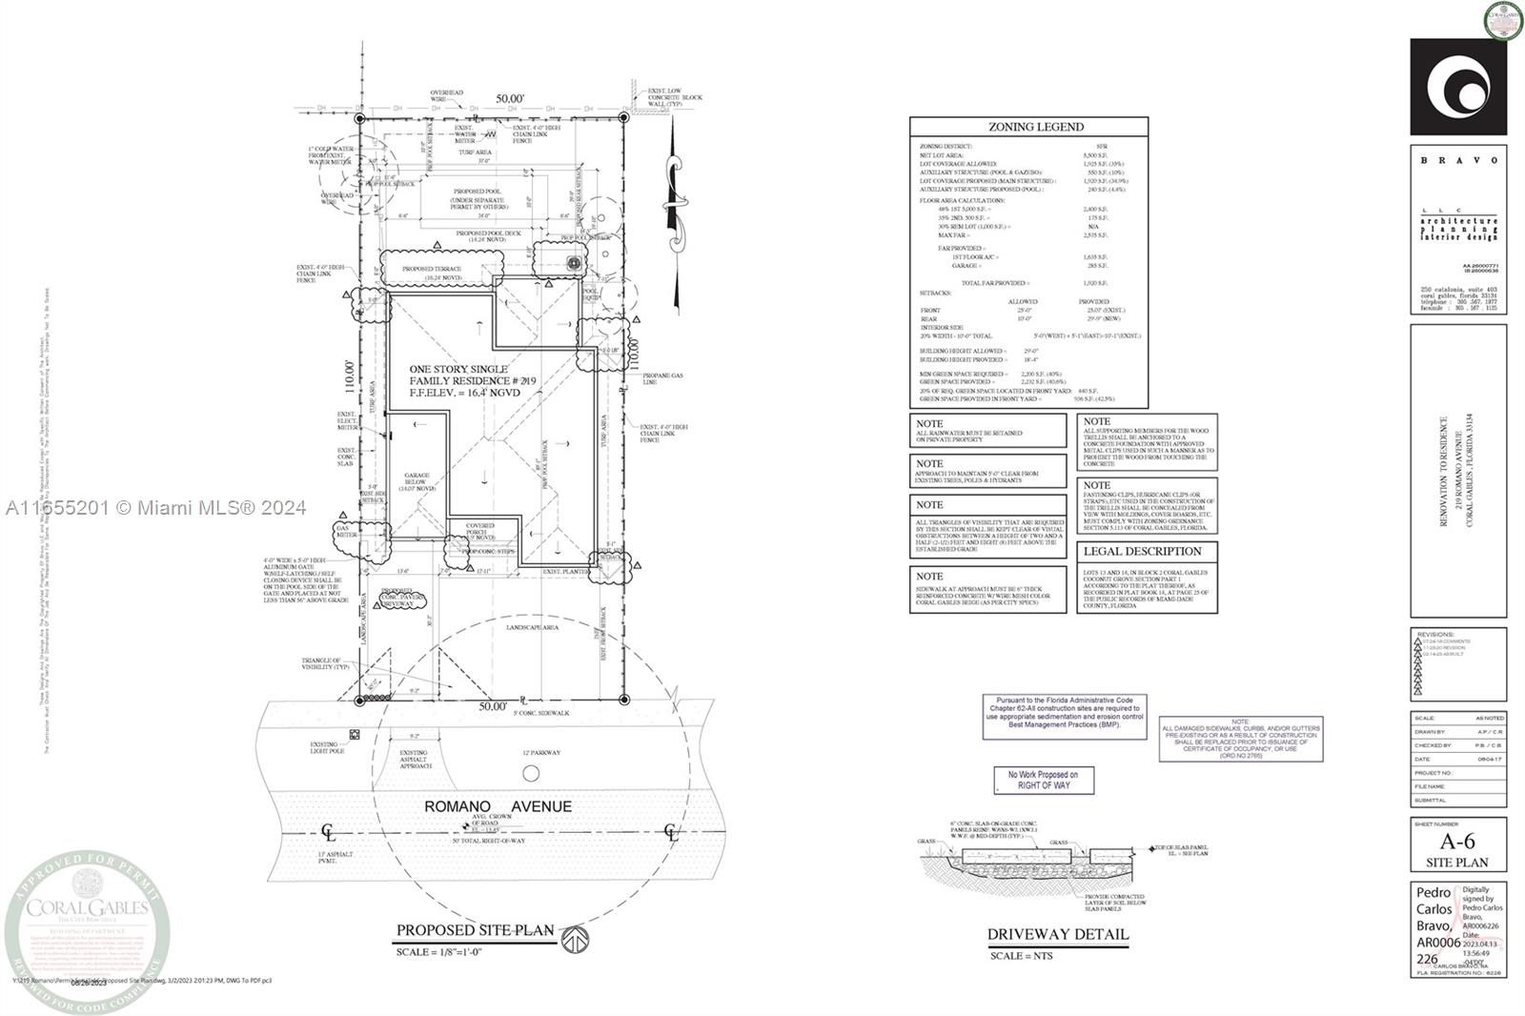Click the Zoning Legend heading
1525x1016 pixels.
[1028, 127]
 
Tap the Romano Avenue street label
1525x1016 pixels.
[498, 806]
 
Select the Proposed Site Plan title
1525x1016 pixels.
[475, 930]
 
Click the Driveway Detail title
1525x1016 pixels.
[1057, 934]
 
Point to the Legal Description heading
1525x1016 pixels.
[1142, 551]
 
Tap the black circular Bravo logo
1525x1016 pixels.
[1457, 87]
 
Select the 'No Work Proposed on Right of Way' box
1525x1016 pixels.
[1044, 780]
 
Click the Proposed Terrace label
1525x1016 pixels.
[432, 270]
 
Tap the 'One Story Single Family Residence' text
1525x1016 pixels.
[458, 375]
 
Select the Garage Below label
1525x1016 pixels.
[419, 481]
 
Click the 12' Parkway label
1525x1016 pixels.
[540, 753]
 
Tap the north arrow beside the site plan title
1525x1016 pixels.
[573, 939]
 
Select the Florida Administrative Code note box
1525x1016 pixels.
[1064, 716]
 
